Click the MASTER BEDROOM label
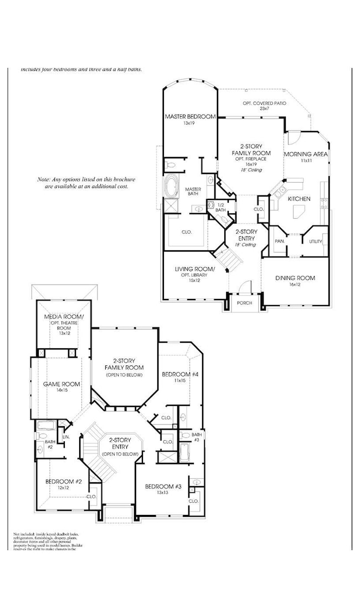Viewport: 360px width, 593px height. pos(190,116)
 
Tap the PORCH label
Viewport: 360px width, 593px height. pos(245,303)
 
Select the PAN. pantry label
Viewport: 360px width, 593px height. pos(280,241)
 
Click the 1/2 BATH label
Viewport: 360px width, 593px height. pos(220,207)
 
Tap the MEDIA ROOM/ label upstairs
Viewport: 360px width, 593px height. pos(65,317)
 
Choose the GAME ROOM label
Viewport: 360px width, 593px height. pos(61,384)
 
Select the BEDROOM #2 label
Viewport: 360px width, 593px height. pos(64,482)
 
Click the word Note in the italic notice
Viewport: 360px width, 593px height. pos(44,180)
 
